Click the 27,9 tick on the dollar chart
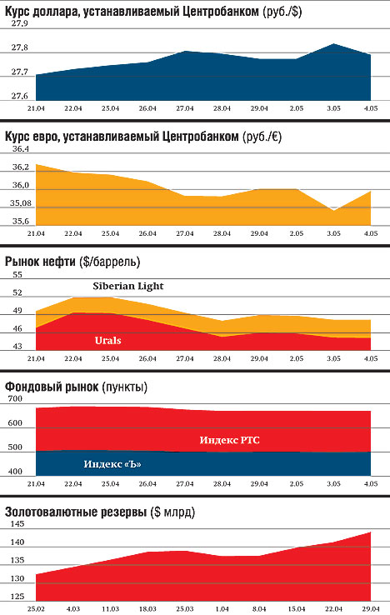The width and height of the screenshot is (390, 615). pos(20,23)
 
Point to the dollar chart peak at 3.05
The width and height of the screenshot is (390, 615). pos(333,44)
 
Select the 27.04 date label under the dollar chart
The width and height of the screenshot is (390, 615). pos(185,108)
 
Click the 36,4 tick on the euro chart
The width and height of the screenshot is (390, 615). pos(21,149)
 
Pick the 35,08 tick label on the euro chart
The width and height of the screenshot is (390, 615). pos(21,203)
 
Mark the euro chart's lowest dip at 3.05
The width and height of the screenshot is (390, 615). pos(333,210)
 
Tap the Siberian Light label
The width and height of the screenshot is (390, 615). pos(127,286)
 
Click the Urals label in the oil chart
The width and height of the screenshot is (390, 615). pos(107,341)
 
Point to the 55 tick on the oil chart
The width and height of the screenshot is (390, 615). pos(17,274)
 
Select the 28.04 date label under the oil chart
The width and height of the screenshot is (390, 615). pos(222,358)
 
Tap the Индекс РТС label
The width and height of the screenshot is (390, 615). pos(229,440)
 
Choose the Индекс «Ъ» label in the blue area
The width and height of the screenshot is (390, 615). pos(112,464)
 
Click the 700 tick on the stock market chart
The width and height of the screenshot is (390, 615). pos(15,399)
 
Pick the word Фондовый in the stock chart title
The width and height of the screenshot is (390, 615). pos(32,387)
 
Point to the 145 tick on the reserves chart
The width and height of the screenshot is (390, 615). pos(17,524)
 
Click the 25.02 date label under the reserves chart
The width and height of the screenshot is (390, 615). pos(36,609)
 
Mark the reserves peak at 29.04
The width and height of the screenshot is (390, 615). pos(370,532)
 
